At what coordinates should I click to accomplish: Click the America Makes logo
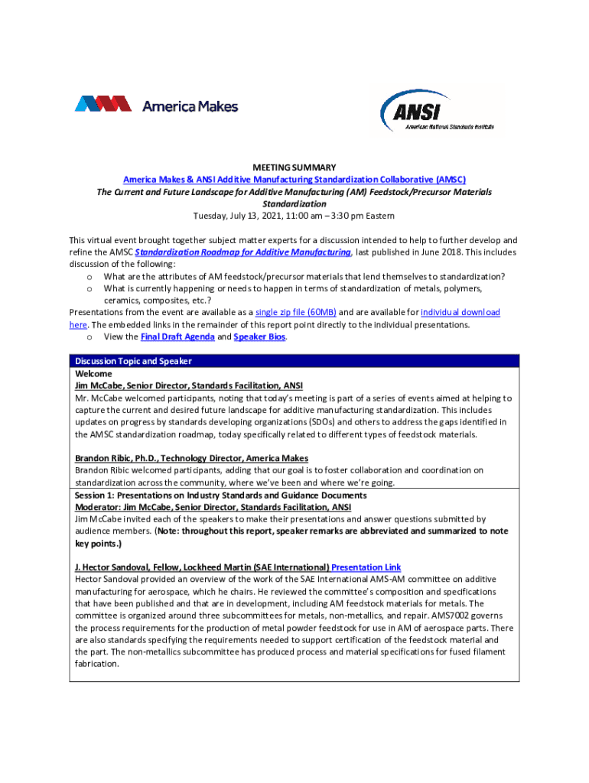156,106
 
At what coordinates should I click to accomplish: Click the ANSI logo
437,112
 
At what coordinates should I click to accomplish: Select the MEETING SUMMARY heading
294,167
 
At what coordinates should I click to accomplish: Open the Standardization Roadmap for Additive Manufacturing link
242,252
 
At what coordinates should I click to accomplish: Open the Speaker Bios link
259,336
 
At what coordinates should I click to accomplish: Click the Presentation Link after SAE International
366,567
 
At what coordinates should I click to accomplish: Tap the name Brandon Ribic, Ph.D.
119,458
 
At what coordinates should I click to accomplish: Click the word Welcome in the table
93,374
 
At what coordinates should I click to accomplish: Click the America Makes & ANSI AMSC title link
294,180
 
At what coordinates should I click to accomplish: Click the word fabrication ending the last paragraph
96,664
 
